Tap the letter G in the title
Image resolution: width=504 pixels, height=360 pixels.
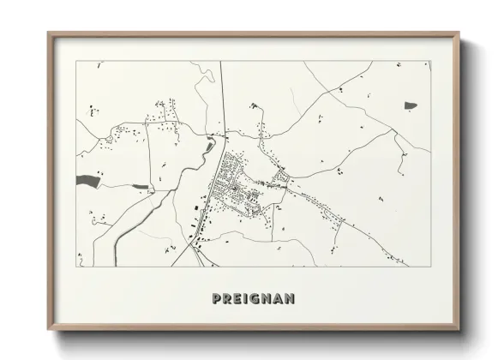[252, 299]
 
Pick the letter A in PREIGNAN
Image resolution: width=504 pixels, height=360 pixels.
[279, 299]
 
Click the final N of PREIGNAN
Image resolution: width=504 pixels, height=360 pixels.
[290, 299]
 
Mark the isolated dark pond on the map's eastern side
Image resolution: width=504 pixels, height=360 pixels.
[410, 105]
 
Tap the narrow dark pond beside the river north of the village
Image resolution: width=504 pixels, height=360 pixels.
[208, 148]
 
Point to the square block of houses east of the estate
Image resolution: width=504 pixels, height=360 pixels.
[279, 178]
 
